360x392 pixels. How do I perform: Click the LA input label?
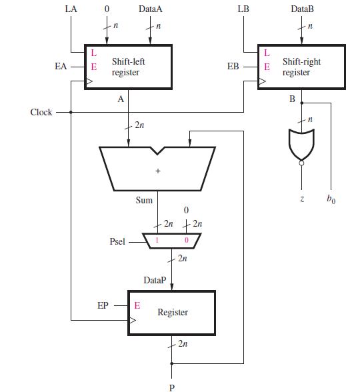71,9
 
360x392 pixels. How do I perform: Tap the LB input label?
243,9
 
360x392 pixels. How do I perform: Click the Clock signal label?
41,112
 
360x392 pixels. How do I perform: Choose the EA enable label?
61,66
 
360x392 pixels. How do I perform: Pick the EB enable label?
233,67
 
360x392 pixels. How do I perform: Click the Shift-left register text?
129,66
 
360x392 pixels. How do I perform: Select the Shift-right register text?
301,67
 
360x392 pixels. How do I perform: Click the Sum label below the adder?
144,199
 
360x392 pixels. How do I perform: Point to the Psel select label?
117,241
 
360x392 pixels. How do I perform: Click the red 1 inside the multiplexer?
157,240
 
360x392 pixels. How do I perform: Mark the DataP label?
155,280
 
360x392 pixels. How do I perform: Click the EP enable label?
103,305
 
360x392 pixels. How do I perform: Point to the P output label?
172,387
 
